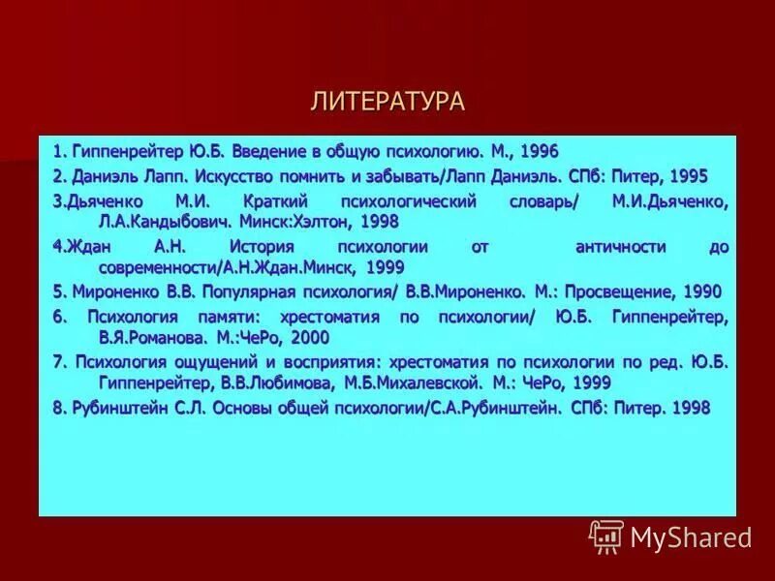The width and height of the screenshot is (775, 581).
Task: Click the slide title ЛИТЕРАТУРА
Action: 387,102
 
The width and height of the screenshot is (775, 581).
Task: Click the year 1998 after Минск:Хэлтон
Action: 379,222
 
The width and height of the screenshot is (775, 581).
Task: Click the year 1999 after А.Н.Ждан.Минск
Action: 385,266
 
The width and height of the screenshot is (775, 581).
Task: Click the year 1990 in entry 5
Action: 701,291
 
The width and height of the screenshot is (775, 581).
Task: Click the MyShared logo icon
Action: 606,535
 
